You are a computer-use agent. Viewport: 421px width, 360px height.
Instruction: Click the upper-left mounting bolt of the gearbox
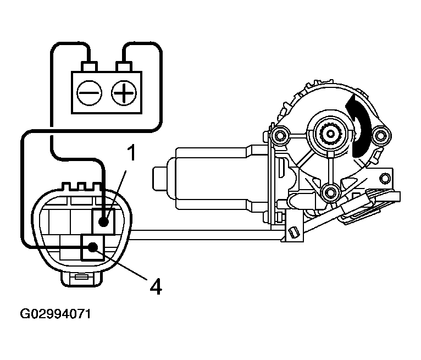[280, 135]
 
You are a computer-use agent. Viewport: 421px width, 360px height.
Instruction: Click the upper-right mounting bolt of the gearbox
[379, 135]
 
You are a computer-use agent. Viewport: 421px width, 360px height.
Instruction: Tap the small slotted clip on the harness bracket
[293, 234]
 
